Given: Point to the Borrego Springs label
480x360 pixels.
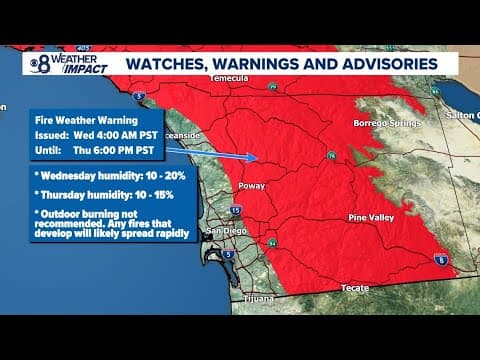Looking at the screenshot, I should pos(378,124).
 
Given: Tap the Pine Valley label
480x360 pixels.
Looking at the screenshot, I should pos(371,216).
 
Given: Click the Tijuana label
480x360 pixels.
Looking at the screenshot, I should pos(259,298).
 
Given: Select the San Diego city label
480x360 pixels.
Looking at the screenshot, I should pos(224,232).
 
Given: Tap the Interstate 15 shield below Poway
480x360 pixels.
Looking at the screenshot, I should pos(235,210).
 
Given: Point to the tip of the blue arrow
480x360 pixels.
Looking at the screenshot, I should pos(261,157).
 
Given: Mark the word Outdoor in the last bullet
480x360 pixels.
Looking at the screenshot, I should pos(60,215).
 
